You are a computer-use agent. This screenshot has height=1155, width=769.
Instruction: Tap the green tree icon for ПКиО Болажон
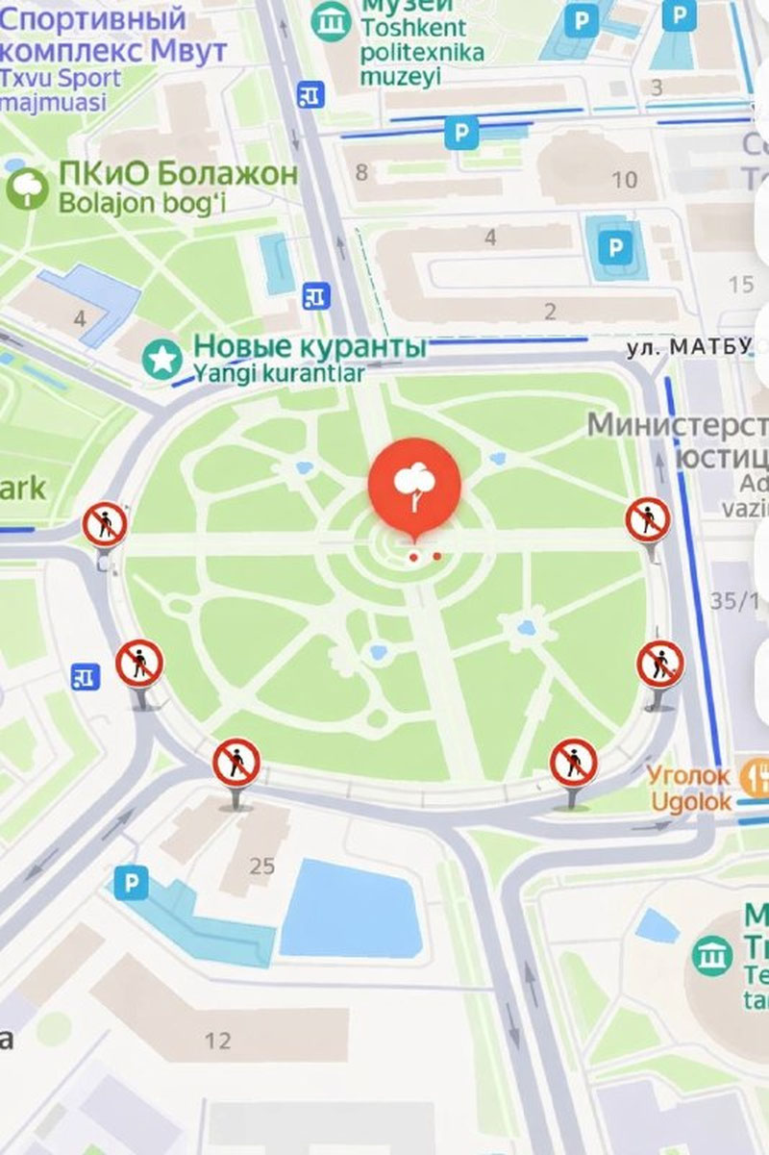[27, 188]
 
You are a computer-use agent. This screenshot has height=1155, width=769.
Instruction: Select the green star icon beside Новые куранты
[161, 360]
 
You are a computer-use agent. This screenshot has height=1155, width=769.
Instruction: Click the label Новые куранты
[310, 345]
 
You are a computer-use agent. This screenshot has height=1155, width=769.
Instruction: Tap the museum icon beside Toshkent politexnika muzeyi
[332, 17]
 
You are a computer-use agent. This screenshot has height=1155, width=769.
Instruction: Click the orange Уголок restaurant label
[688, 773]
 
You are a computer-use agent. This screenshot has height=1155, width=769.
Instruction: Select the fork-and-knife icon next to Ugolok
[752, 773]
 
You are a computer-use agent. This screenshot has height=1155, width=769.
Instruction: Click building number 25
[261, 866]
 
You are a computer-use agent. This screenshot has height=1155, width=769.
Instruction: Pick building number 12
[218, 1040]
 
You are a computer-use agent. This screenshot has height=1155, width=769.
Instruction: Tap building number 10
[625, 179]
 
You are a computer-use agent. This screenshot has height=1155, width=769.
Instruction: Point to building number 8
[361, 173]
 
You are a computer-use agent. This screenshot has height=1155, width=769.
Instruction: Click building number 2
[550, 312]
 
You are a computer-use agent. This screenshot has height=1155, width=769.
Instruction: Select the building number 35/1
[735, 601]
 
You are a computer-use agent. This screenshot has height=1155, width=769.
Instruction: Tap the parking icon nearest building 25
[131, 883]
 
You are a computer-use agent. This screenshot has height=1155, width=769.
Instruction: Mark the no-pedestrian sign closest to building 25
[236, 763]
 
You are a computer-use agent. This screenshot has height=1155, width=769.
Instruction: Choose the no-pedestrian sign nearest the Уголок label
[574, 763]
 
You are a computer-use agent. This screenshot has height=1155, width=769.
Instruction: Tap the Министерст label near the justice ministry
[678, 423]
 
